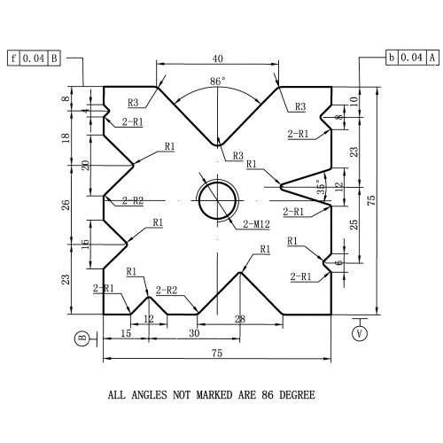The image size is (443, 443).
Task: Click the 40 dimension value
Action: [x=218, y=58]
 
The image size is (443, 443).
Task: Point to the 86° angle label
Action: [x=218, y=81]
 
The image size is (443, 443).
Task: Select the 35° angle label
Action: [x=321, y=187]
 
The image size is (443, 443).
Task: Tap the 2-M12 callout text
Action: [x=256, y=224]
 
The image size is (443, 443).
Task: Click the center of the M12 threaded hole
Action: [x=218, y=200]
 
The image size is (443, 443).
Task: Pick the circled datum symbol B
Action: [x=82, y=338]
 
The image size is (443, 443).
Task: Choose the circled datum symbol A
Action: [x=360, y=333]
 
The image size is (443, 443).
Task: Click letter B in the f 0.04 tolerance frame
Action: [x=54, y=58]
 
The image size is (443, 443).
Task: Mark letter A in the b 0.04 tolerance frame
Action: [x=432, y=57]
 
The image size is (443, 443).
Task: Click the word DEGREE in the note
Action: [x=297, y=395]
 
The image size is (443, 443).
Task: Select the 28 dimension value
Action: [x=240, y=319]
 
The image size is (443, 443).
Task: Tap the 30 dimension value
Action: [x=194, y=333]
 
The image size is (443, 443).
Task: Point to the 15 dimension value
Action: [x=126, y=333]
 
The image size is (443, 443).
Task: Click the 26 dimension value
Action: [x=66, y=205]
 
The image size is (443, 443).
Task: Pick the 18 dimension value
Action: [x=66, y=137]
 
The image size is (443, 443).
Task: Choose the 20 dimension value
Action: [x=85, y=165]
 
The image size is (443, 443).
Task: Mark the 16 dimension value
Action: [x=85, y=244]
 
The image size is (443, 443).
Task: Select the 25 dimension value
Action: [x=354, y=224]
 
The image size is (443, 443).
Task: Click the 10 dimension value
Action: [x=354, y=101]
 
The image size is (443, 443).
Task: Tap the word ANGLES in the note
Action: [x=149, y=395]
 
